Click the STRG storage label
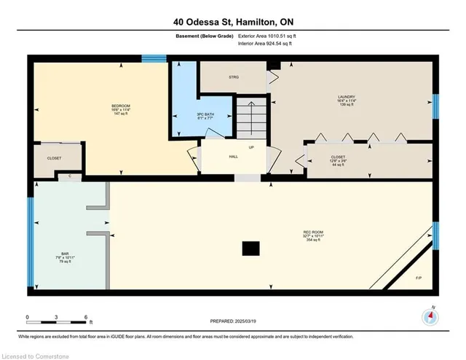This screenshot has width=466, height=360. pos(234,77)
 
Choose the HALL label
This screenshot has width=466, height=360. pos(233,156)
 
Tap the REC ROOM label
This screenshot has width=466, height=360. pos(313,233)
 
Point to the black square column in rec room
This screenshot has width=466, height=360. pos(250,249)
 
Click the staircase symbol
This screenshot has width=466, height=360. pos(252,117)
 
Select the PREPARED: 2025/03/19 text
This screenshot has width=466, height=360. pos(233,321)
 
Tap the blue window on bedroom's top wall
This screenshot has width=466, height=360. pos(153,59)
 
